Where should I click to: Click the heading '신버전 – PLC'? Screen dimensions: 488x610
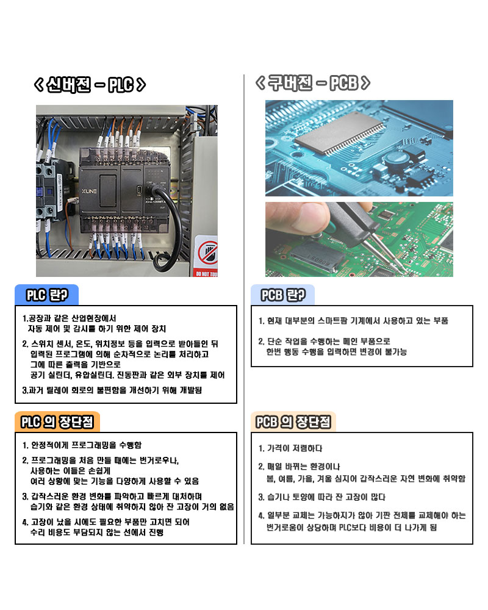coord(90,85)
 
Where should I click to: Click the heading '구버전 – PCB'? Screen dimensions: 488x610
coord(313,83)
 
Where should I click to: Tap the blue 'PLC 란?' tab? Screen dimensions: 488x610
coord(47,295)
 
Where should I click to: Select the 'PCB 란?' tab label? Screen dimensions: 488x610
coord(283,295)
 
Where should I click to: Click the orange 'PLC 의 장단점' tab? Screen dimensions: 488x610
coord(57,422)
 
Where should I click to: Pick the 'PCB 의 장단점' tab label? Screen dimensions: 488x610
coord(293,422)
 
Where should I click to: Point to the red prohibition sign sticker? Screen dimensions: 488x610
coord(206,253)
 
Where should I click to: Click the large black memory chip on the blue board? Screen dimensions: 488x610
coord(339,132)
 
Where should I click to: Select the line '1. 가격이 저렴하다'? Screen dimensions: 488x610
coord(290,448)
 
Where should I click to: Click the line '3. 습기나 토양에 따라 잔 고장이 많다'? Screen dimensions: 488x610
coord(322,497)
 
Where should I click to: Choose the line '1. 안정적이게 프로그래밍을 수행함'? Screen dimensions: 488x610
coord(82,445)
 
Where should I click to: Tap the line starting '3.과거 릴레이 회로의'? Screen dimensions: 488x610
coord(112,390)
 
